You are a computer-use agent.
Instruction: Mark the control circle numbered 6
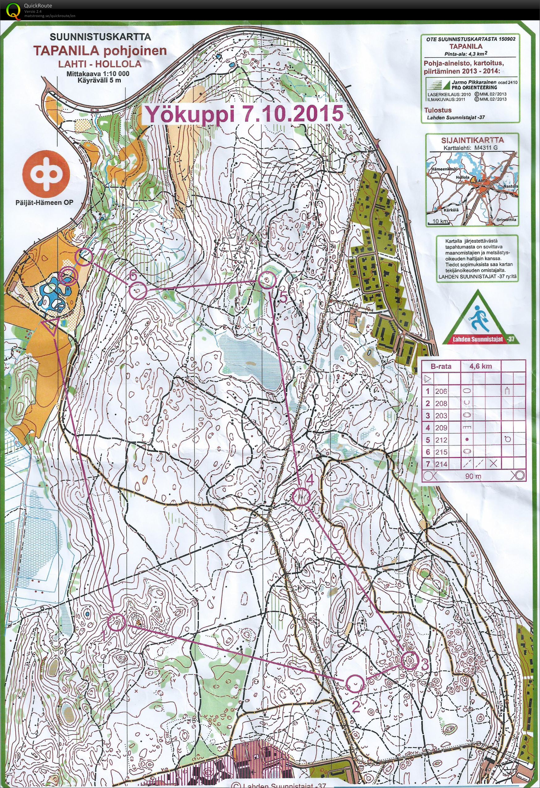point(137,291)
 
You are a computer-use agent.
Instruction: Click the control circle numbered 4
point(301,497)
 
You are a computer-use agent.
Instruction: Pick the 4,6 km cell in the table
point(480,367)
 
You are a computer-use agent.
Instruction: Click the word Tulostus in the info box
point(435,110)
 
